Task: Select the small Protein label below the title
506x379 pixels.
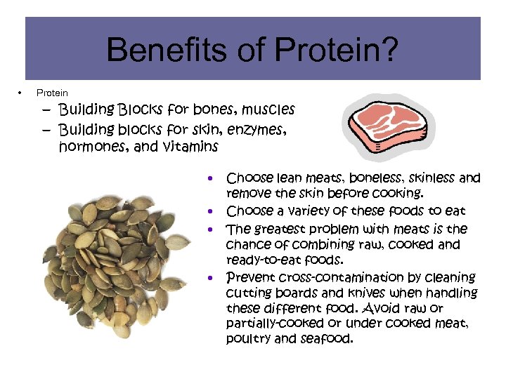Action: pyautogui.click(x=52, y=93)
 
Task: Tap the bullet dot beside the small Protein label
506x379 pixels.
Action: pyautogui.click(x=20, y=93)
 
